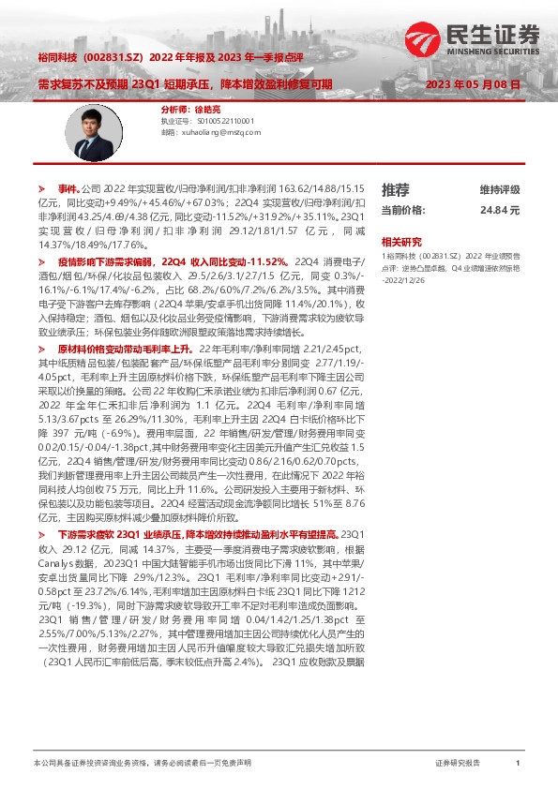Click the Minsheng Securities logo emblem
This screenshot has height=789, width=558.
pyautogui.click(x=421, y=37)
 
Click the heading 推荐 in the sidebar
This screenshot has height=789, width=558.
pyautogui.click(x=395, y=188)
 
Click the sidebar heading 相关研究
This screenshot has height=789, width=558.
pyautogui.click(x=401, y=241)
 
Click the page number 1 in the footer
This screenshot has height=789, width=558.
pyautogui.click(x=518, y=764)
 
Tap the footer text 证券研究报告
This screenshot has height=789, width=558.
pyautogui.click(x=458, y=764)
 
